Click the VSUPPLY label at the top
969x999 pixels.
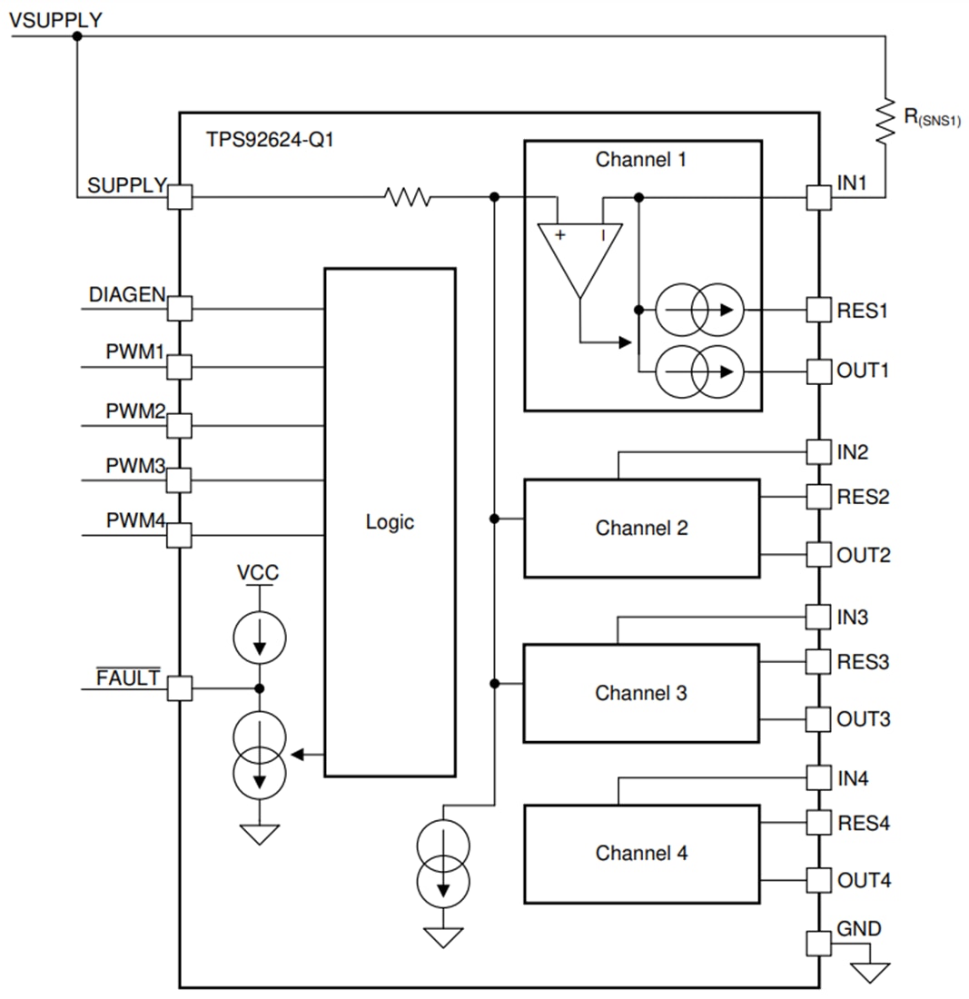point(55,19)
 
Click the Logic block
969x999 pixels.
point(390,522)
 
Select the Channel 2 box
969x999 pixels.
point(641,528)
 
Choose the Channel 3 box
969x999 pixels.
point(641,693)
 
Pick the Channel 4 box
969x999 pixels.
point(641,854)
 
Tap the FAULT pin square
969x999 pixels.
point(181,688)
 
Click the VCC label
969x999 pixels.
point(258,573)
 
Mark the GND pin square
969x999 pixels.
point(819,944)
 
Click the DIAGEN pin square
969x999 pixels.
point(181,309)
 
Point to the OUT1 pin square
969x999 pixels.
point(819,371)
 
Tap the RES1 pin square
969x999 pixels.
point(819,310)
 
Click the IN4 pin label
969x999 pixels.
point(852,778)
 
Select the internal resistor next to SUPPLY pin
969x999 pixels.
point(407,197)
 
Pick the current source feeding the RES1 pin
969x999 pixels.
point(698,310)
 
